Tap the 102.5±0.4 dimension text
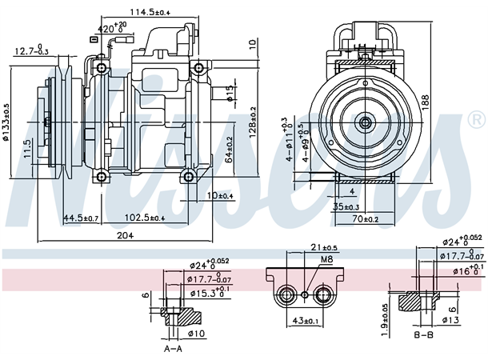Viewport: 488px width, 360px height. (x=143, y=218)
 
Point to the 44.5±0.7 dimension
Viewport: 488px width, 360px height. (x=81, y=218)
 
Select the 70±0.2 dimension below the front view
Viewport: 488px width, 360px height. (x=367, y=218)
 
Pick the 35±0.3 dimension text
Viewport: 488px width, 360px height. (x=347, y=206)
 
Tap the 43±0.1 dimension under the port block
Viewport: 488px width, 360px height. (x=306, y=322)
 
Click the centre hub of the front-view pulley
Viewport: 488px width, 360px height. (x=365, y=122)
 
